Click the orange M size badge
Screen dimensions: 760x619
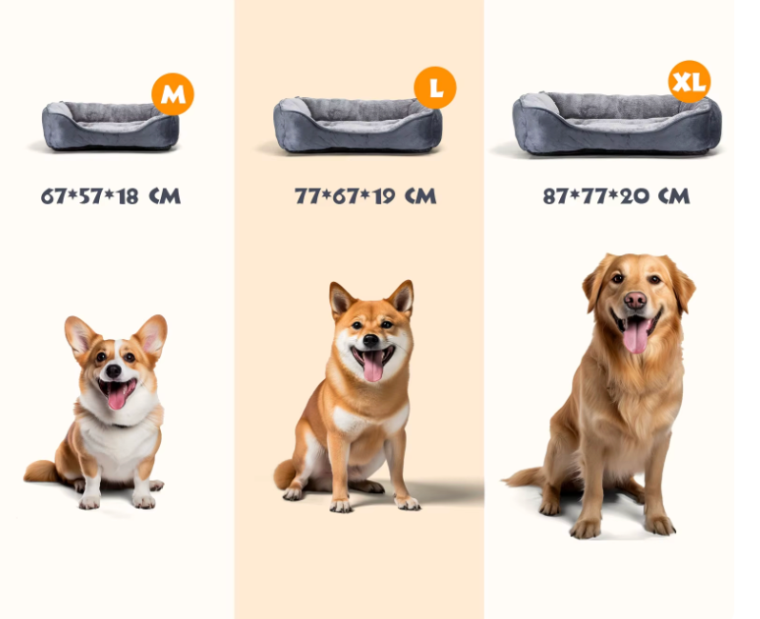coord(172,94)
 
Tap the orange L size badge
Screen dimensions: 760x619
coord(435,88)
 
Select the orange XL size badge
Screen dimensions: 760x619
coord(690,82)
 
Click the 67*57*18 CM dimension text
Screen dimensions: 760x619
coord(111,196)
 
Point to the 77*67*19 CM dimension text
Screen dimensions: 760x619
coord(366,196)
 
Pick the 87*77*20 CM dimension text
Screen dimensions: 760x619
coord(616,196)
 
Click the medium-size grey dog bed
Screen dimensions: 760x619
coord(110,126)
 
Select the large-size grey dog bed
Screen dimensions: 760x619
coord(358,125)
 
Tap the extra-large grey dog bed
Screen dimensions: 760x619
coord(616,123)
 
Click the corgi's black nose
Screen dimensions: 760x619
coord(113,370)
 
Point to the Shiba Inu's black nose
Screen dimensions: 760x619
coord(370,340)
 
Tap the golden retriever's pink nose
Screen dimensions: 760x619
coord(635,301)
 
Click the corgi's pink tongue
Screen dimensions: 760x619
coord(117,397)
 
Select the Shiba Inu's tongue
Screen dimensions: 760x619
coord(372,366)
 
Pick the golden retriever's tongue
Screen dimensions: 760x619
coord(635,335)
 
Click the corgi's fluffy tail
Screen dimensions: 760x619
coord(41,471)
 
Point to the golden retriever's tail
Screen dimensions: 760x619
coord(524,477)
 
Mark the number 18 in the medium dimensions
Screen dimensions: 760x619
coord(128,196)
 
